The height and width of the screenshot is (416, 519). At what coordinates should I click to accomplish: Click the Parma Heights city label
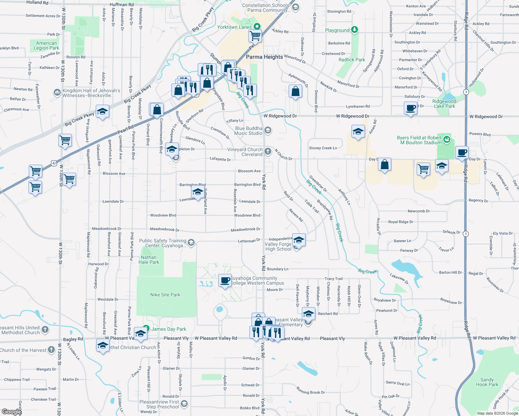(x=264, y=57)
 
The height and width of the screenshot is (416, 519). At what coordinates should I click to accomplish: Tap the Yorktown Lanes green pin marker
(x=257, y=26)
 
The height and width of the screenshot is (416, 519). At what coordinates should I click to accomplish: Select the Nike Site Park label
(x=165, y=295)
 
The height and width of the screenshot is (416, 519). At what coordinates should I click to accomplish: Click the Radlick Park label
(x=352, y=60)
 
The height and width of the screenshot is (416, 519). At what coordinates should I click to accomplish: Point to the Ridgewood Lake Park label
(x=444, y=104)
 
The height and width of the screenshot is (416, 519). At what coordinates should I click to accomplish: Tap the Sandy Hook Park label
(x=487, y=382)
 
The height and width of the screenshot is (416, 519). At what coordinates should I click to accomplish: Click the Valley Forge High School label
(x=278, y=246)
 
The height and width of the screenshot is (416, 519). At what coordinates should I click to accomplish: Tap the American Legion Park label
(x=46, y=45)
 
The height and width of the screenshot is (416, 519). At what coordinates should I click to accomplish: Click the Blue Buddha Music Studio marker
(x=267, y=130)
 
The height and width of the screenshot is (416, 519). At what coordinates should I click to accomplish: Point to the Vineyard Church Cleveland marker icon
(x=267, y=151)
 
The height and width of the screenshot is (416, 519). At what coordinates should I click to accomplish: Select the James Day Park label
(x=169, y=329)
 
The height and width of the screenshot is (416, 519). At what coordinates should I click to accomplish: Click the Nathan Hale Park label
(x=149, y=260)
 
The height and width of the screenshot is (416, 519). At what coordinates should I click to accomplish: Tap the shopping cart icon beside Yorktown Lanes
(x=255, y=35)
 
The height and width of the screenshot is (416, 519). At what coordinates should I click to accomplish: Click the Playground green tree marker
(x=354, y=30)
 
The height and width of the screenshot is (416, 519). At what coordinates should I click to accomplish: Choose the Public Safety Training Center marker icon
(x=191, y=242)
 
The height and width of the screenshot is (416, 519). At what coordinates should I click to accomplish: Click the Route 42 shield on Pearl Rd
(x=53, y=163)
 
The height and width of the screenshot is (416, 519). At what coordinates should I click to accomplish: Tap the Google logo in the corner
(x=11, y=411)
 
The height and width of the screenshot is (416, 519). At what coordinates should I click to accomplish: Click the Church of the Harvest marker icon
(x=51, y=349)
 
